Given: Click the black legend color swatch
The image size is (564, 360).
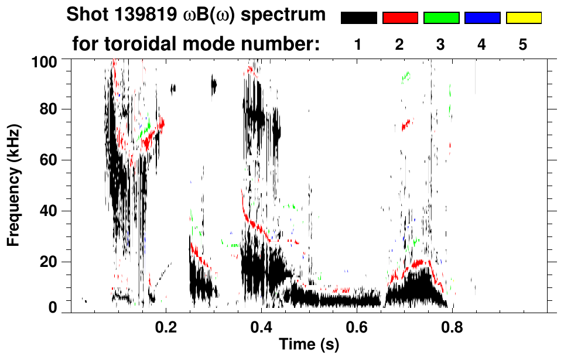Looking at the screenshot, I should (359, 18).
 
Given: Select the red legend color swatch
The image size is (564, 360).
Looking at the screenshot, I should (400, 18).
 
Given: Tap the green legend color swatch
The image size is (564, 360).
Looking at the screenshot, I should (441, 18).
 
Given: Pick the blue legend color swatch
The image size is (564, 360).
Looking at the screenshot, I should (482, 18).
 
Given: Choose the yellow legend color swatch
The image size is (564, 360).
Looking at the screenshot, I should (523, 18).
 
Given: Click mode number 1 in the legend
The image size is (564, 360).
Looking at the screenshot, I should (358, 44).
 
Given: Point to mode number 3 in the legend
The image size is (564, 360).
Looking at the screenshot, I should (440, 44).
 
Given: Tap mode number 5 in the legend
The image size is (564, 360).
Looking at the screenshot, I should (522, 44).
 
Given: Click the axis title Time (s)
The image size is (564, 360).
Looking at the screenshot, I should (309, 345).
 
